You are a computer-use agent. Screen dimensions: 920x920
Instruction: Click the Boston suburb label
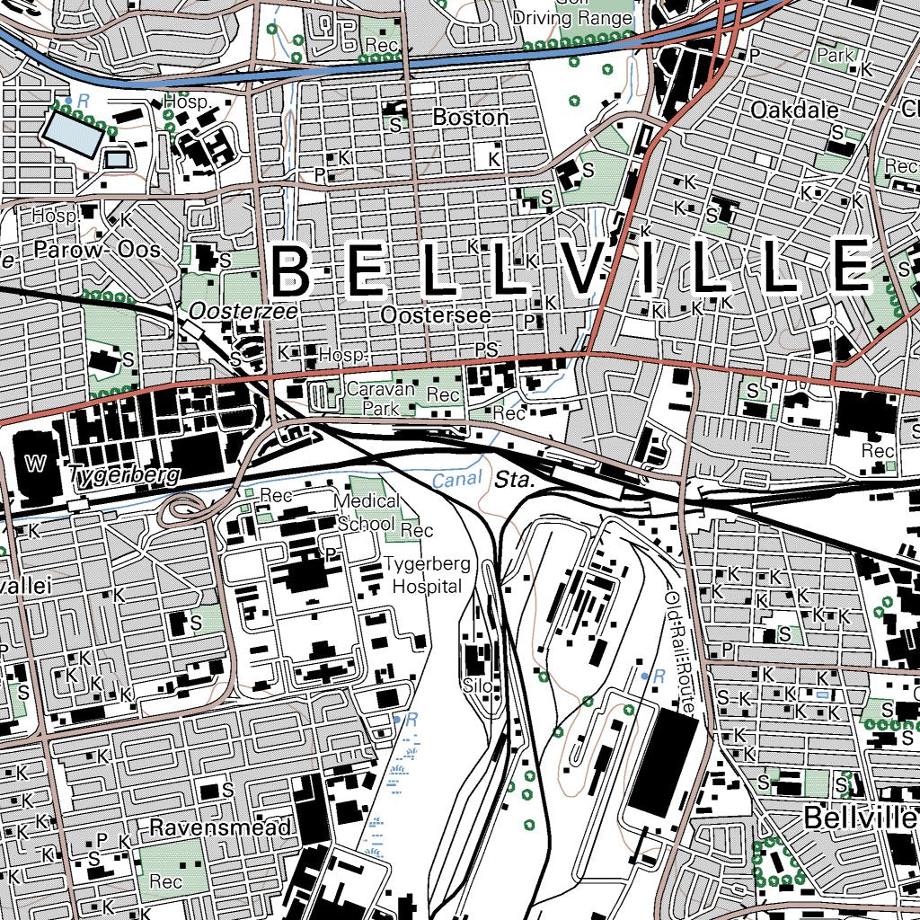[x=470, y=118]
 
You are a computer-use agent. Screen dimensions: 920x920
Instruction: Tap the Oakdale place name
[x=794, y=111]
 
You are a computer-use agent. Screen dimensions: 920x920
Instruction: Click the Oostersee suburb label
[x=436, y=316]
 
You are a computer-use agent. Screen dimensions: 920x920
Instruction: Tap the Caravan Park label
[x=381, y=399]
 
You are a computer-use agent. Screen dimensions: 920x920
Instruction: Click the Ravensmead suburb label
[x=220, y=827]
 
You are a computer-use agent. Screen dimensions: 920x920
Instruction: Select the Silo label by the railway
[x=478, y=687]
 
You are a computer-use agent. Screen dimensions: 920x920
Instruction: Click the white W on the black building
[x=36, y=464]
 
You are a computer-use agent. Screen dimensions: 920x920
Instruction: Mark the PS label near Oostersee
[x=486, y=349]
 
